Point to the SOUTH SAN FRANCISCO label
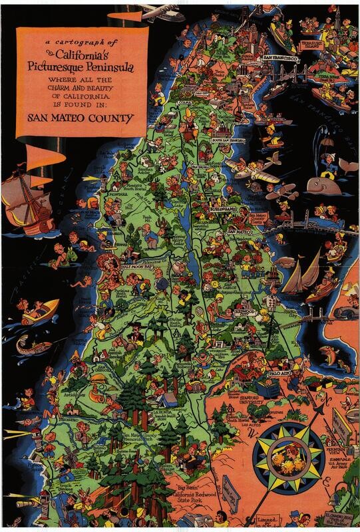pyautogui.click(x=228, y=141)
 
